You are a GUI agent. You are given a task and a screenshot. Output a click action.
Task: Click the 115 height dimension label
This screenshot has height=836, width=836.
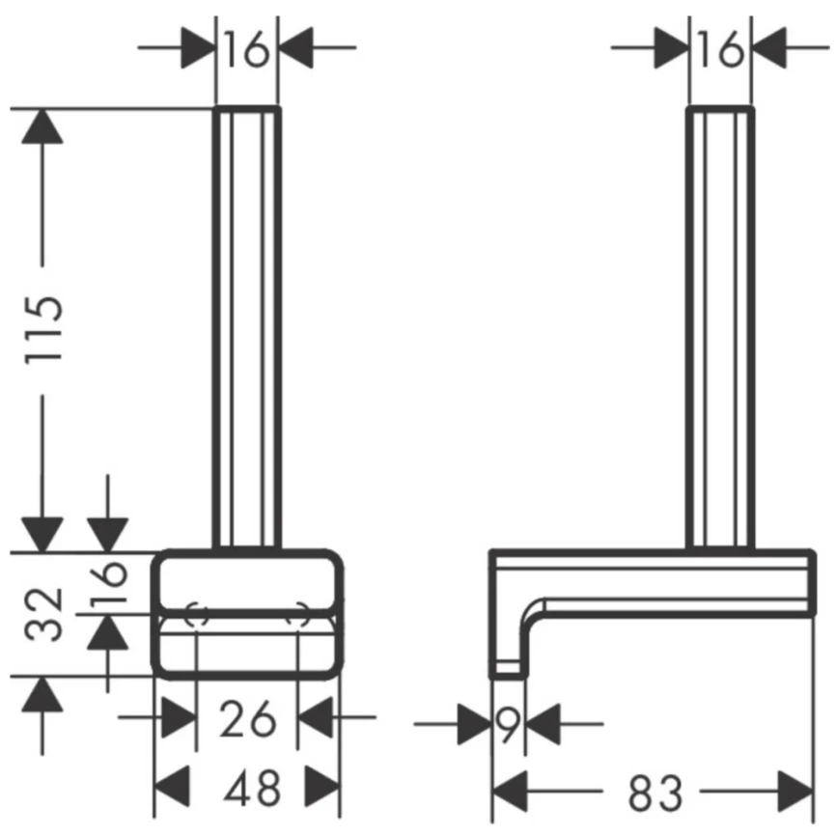pos(43,329)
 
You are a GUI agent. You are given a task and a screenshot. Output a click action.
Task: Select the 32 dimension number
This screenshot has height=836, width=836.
pos(43,614)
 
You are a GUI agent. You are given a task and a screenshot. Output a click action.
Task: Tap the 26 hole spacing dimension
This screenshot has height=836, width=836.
pos(248,719)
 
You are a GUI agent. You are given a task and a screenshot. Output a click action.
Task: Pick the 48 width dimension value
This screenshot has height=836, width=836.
pos(252,788)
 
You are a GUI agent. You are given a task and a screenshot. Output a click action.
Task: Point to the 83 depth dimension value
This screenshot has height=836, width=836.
pos(655,793)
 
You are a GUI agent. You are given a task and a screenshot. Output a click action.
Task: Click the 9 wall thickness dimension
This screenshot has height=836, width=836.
pos(508,725)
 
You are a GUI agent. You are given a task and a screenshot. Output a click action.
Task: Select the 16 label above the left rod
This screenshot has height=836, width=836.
pos(246,49)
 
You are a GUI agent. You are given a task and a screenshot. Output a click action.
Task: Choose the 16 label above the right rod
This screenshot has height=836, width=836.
pos(720,49)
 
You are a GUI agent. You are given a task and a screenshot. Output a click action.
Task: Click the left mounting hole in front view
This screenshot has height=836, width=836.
pos(197,615)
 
